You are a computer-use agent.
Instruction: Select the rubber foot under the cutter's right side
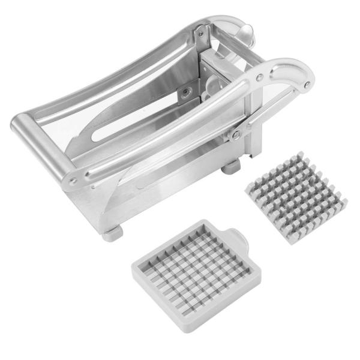230,167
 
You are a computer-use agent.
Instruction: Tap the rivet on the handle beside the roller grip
73,180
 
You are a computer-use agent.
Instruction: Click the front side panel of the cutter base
156,192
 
